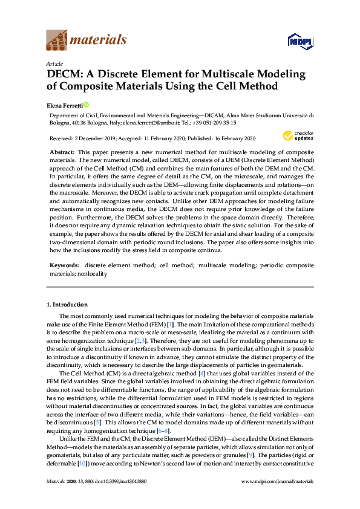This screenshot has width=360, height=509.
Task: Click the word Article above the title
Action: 54,63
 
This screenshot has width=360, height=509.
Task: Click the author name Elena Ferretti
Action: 64,105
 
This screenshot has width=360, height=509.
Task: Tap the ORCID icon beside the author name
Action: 86,104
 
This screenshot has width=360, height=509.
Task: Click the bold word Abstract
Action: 62,152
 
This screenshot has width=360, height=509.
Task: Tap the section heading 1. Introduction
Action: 68,304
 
